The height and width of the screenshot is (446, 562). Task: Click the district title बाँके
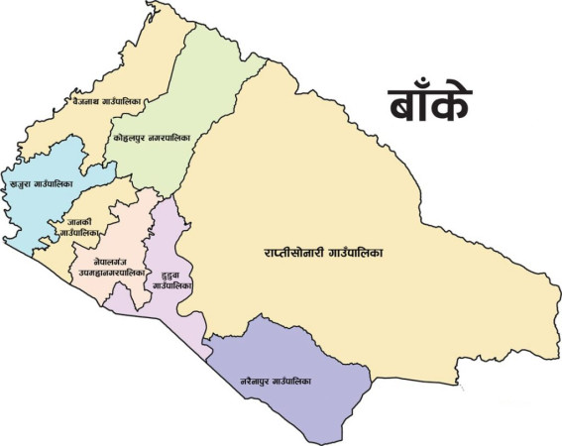pos(428,103)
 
